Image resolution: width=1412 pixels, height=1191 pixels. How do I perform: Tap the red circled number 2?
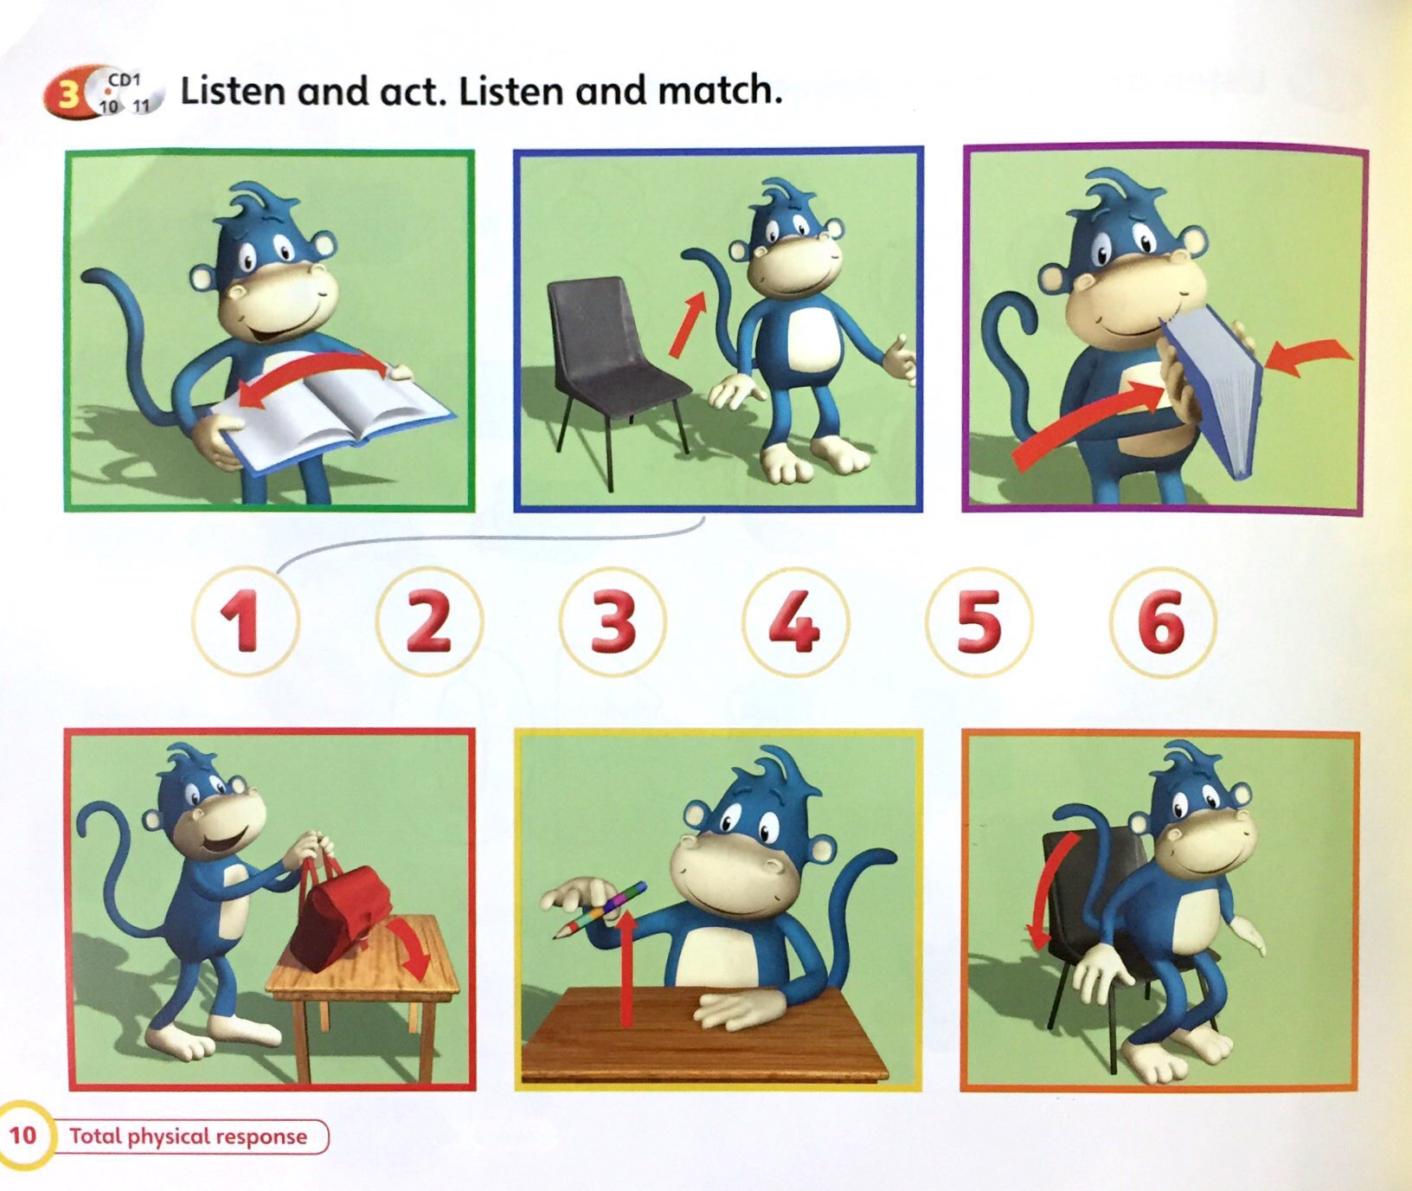pyautogui.click(x=429, y=621)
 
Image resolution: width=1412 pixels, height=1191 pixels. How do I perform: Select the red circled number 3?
pyautogui.click(x=613, y=621)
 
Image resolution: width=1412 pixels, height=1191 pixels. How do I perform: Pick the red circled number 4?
pyautogui.click(x=795, y=621)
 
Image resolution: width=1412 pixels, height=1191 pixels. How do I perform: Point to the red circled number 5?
pyautogui.click(x=979, y=621)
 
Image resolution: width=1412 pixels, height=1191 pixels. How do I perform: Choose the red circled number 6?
pyautogui.click(x=1162, y=621)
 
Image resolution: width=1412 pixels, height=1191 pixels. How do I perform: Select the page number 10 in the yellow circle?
pyautogui.click(x=22, y=1134)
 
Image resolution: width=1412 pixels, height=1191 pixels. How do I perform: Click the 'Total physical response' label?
pyautogui.click(x=189, y=1136)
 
